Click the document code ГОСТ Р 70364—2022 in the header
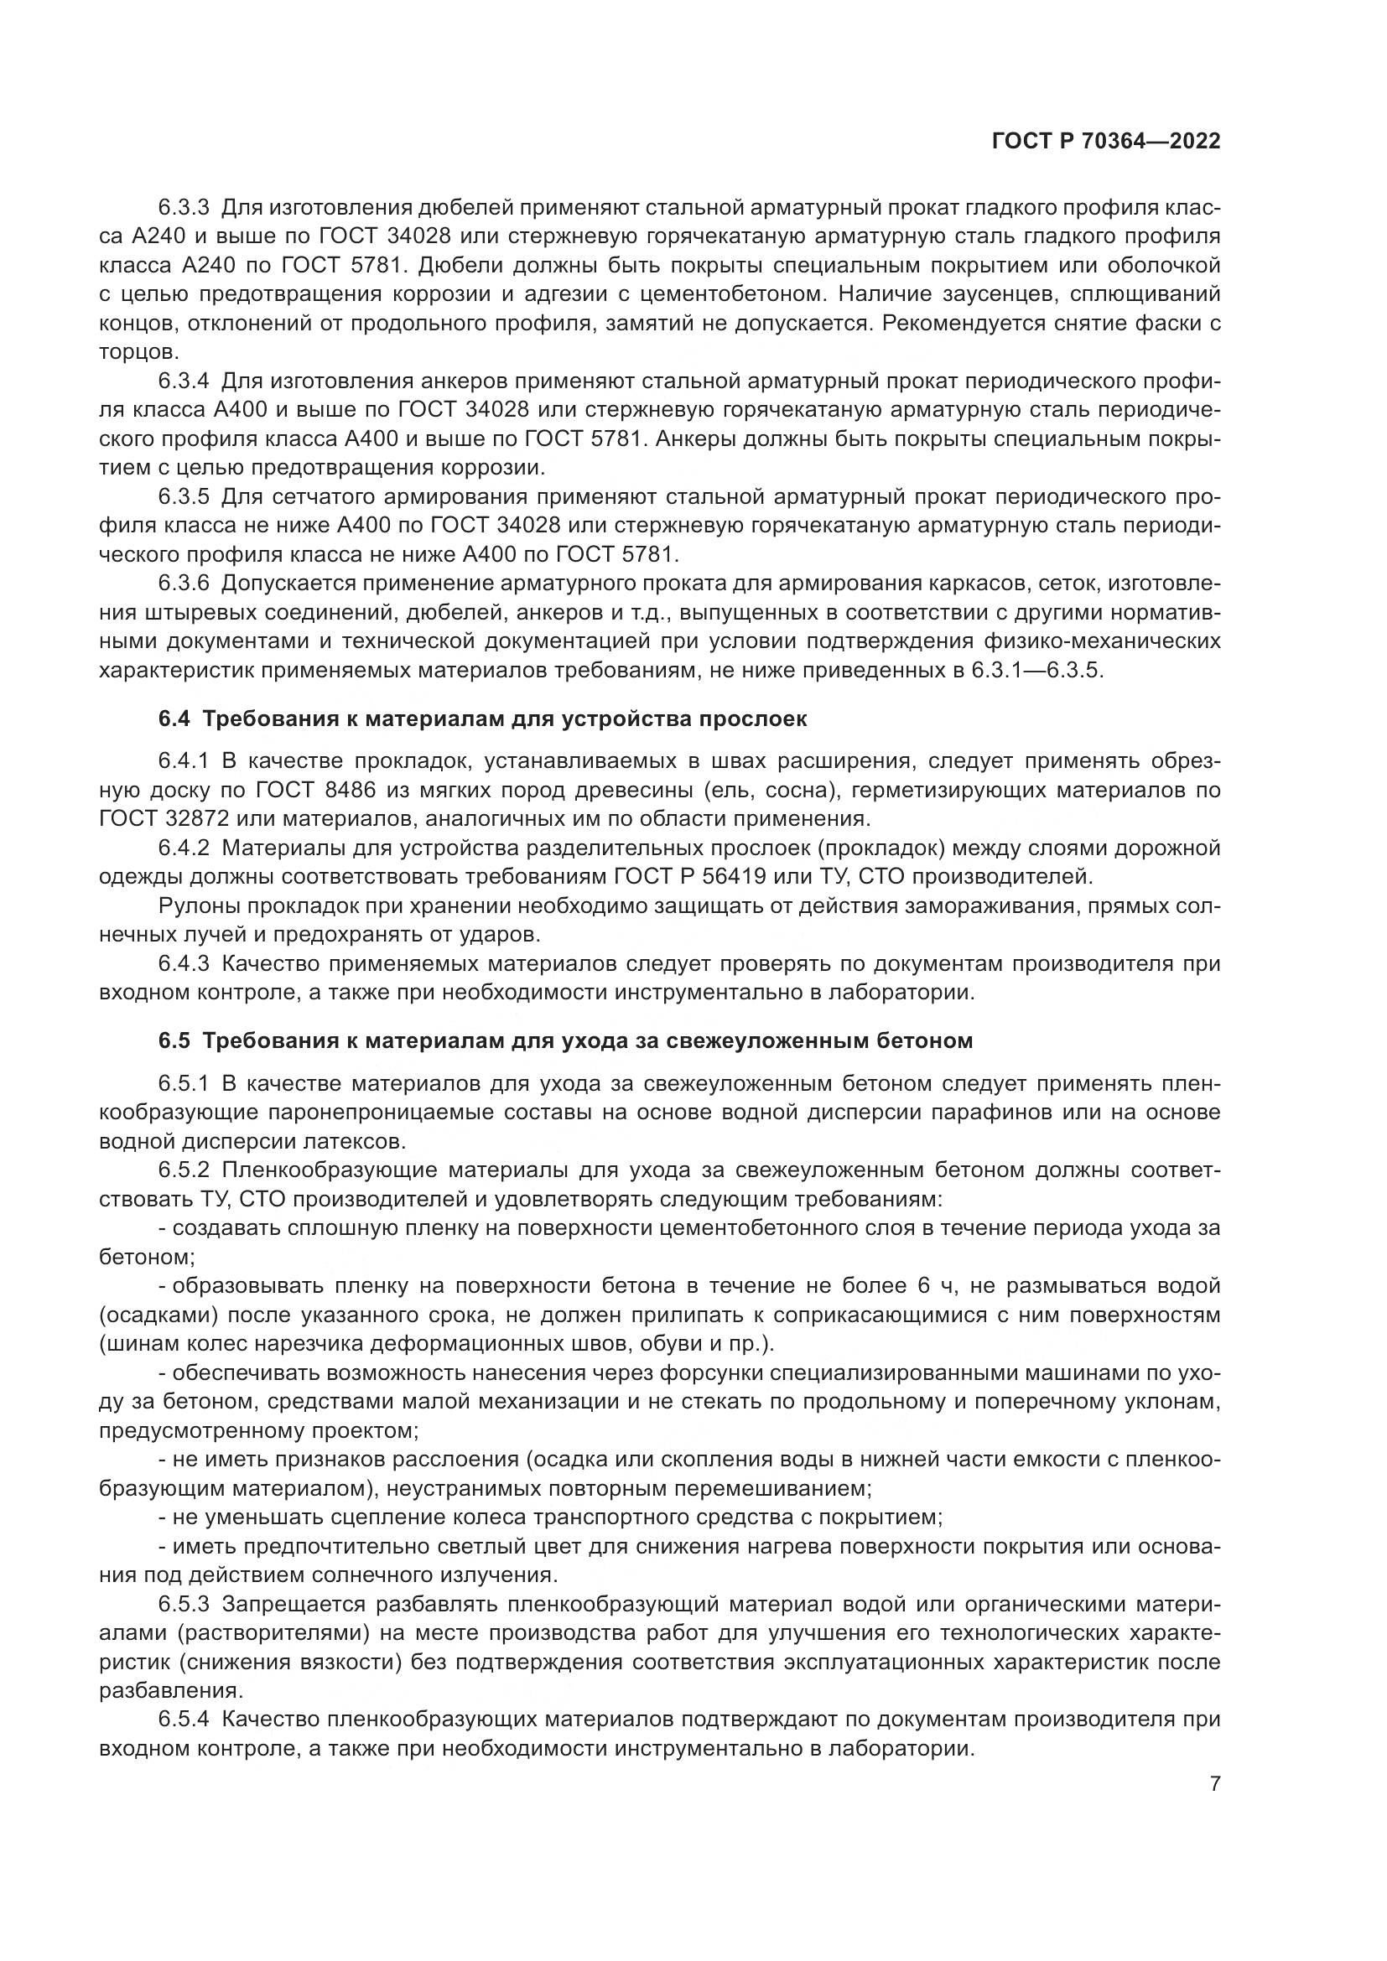point(1105,141)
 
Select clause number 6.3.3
point(183,208)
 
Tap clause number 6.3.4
point(183,381)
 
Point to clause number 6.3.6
point(183,584)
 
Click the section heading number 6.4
point(174,719)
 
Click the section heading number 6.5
point(174,1040)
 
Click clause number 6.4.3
point(183,963)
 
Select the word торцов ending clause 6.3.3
point(136,352)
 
